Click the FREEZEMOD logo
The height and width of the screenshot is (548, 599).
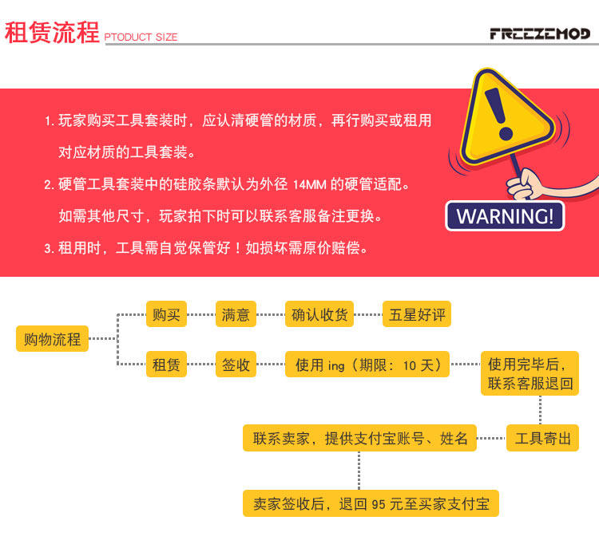click(x=539, y=34)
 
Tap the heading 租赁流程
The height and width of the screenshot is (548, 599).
click(x=52, y=33)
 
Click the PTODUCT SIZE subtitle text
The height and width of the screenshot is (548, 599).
click(x=141, y=37)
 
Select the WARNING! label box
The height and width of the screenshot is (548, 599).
click(x=505, y=216)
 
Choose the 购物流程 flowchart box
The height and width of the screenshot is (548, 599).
click(x=52, y=339)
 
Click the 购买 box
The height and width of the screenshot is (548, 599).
click(x=166, y=314)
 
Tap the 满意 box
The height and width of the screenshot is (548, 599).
click(x=236, y=314)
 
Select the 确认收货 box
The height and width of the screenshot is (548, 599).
click(x=319, y=314)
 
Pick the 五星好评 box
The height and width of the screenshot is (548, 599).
click(x=416, y=314)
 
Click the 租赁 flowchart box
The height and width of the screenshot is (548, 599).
click(x=166, y=365)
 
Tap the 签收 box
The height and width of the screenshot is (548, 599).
click(x=236, y=365)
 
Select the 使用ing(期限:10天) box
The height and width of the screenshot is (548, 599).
click(x=367, y=365)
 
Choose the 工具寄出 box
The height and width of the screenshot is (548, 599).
click(x=542, y=438)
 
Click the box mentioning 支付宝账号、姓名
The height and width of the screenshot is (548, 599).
click(x=360, y=438)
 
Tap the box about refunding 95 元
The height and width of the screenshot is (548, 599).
click(x=371, y=503)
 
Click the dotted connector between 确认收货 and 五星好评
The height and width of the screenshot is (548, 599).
click(x=368, y=314)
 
